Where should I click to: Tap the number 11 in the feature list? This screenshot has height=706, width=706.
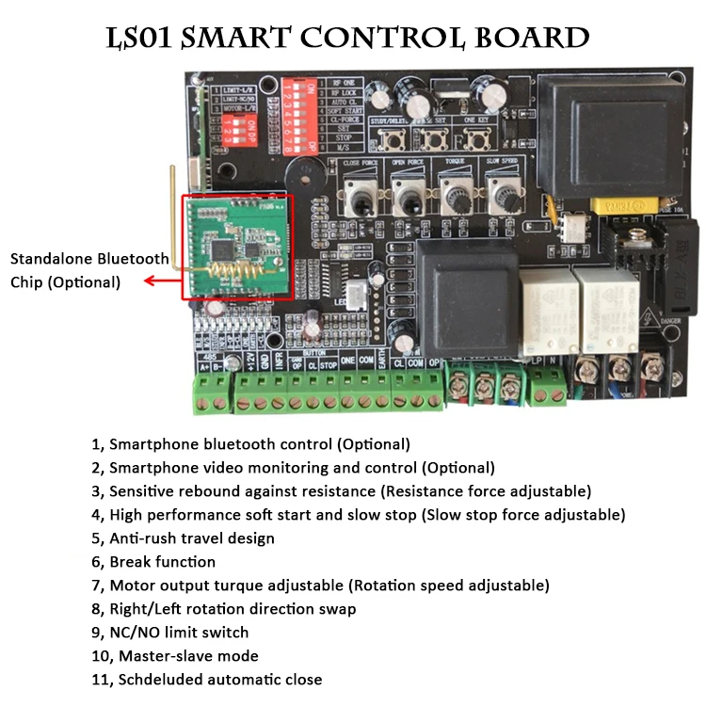[98, 680]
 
